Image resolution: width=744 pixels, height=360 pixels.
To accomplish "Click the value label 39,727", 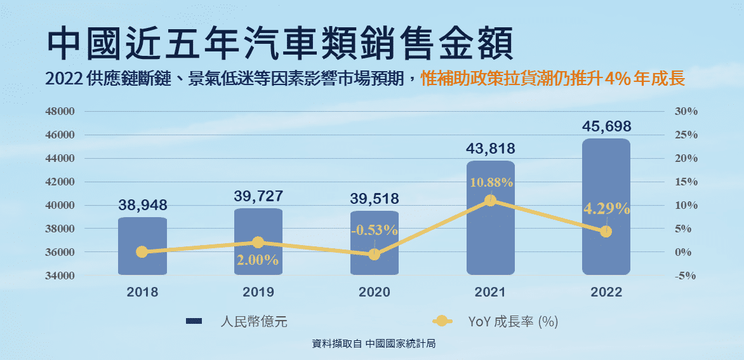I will (x=258, y=196).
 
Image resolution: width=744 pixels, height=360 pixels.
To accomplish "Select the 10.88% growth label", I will (x=491, y=183).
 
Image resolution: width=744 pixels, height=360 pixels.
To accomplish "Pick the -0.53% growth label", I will (x=374, y=230).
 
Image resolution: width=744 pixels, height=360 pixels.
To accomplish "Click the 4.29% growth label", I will (x=606, y=209).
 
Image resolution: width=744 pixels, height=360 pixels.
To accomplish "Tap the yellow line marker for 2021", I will (x=490, y=201).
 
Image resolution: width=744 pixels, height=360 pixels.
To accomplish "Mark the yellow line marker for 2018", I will (x=142, y=251).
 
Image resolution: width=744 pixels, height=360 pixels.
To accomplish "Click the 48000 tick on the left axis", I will (x=61, y=112).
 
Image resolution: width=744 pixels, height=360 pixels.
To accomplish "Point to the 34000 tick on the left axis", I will (x=61, y=276).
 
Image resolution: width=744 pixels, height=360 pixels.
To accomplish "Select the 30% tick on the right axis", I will (x=686, y=112).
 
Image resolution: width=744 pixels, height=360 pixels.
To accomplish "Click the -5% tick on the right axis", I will (x=686, y=276).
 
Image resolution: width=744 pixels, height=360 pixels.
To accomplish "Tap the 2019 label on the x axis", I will (x=258, y=293).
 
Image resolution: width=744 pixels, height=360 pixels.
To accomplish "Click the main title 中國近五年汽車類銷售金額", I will (x=279, y=43).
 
